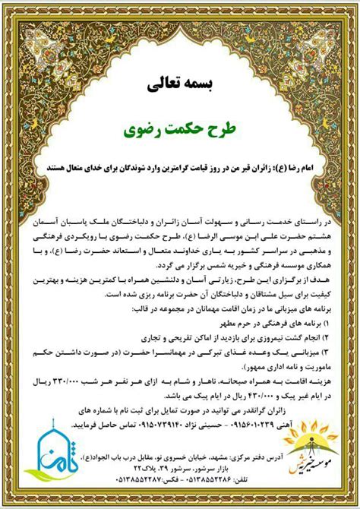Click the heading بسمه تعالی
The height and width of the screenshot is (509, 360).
180,85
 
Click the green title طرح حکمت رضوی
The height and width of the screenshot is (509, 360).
180,130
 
